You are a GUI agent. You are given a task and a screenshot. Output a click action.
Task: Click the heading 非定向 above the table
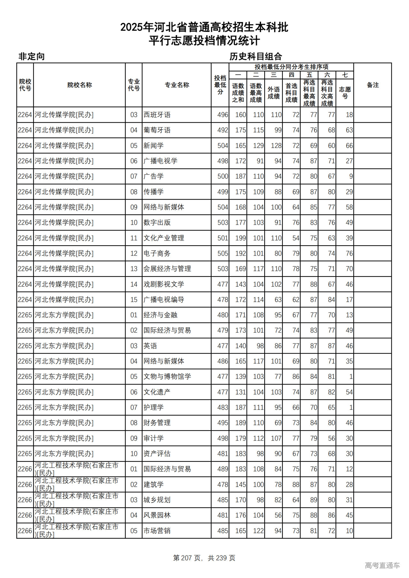[31, 57]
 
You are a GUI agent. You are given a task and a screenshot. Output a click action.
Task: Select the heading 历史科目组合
[256, 57]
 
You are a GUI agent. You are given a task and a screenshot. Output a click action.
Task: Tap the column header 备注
[373, 85]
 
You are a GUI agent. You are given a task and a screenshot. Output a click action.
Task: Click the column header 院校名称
[80, 85]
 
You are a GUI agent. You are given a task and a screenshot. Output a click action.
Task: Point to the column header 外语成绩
[274, 93]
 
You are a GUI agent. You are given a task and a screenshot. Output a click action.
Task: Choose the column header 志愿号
[345, 93]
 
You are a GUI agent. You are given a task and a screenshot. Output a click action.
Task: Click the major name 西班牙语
[157, 115]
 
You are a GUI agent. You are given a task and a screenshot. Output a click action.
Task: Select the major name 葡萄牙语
[157, 130]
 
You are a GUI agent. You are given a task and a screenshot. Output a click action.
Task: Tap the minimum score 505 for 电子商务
[223, 253]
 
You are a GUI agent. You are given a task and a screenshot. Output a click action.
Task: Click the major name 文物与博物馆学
[167, 376]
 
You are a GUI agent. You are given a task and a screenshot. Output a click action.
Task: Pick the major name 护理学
[153, 407]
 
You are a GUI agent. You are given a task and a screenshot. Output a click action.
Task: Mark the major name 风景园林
[157, 515]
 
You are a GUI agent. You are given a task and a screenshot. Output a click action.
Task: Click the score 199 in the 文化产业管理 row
[241, 238]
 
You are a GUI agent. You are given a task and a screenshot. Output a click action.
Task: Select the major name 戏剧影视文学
[164, 284]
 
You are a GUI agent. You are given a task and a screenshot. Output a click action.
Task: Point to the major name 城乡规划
[157, 500]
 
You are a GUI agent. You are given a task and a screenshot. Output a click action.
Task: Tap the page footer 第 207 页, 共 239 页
[204, 558]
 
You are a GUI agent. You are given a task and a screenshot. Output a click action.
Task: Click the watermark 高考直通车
[382, 565]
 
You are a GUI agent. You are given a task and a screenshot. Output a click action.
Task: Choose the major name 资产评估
[157, 453]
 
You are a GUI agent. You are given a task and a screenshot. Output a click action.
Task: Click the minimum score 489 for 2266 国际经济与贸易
[223, 469]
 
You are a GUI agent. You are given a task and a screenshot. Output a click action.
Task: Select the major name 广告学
[153, 176]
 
